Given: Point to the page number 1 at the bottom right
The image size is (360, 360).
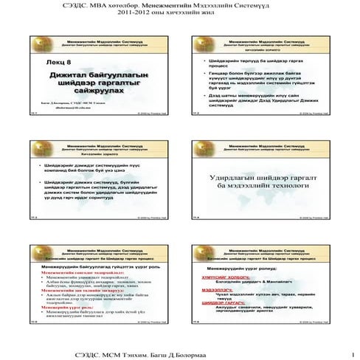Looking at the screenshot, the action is pyautogui.click(x=354, y=354).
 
